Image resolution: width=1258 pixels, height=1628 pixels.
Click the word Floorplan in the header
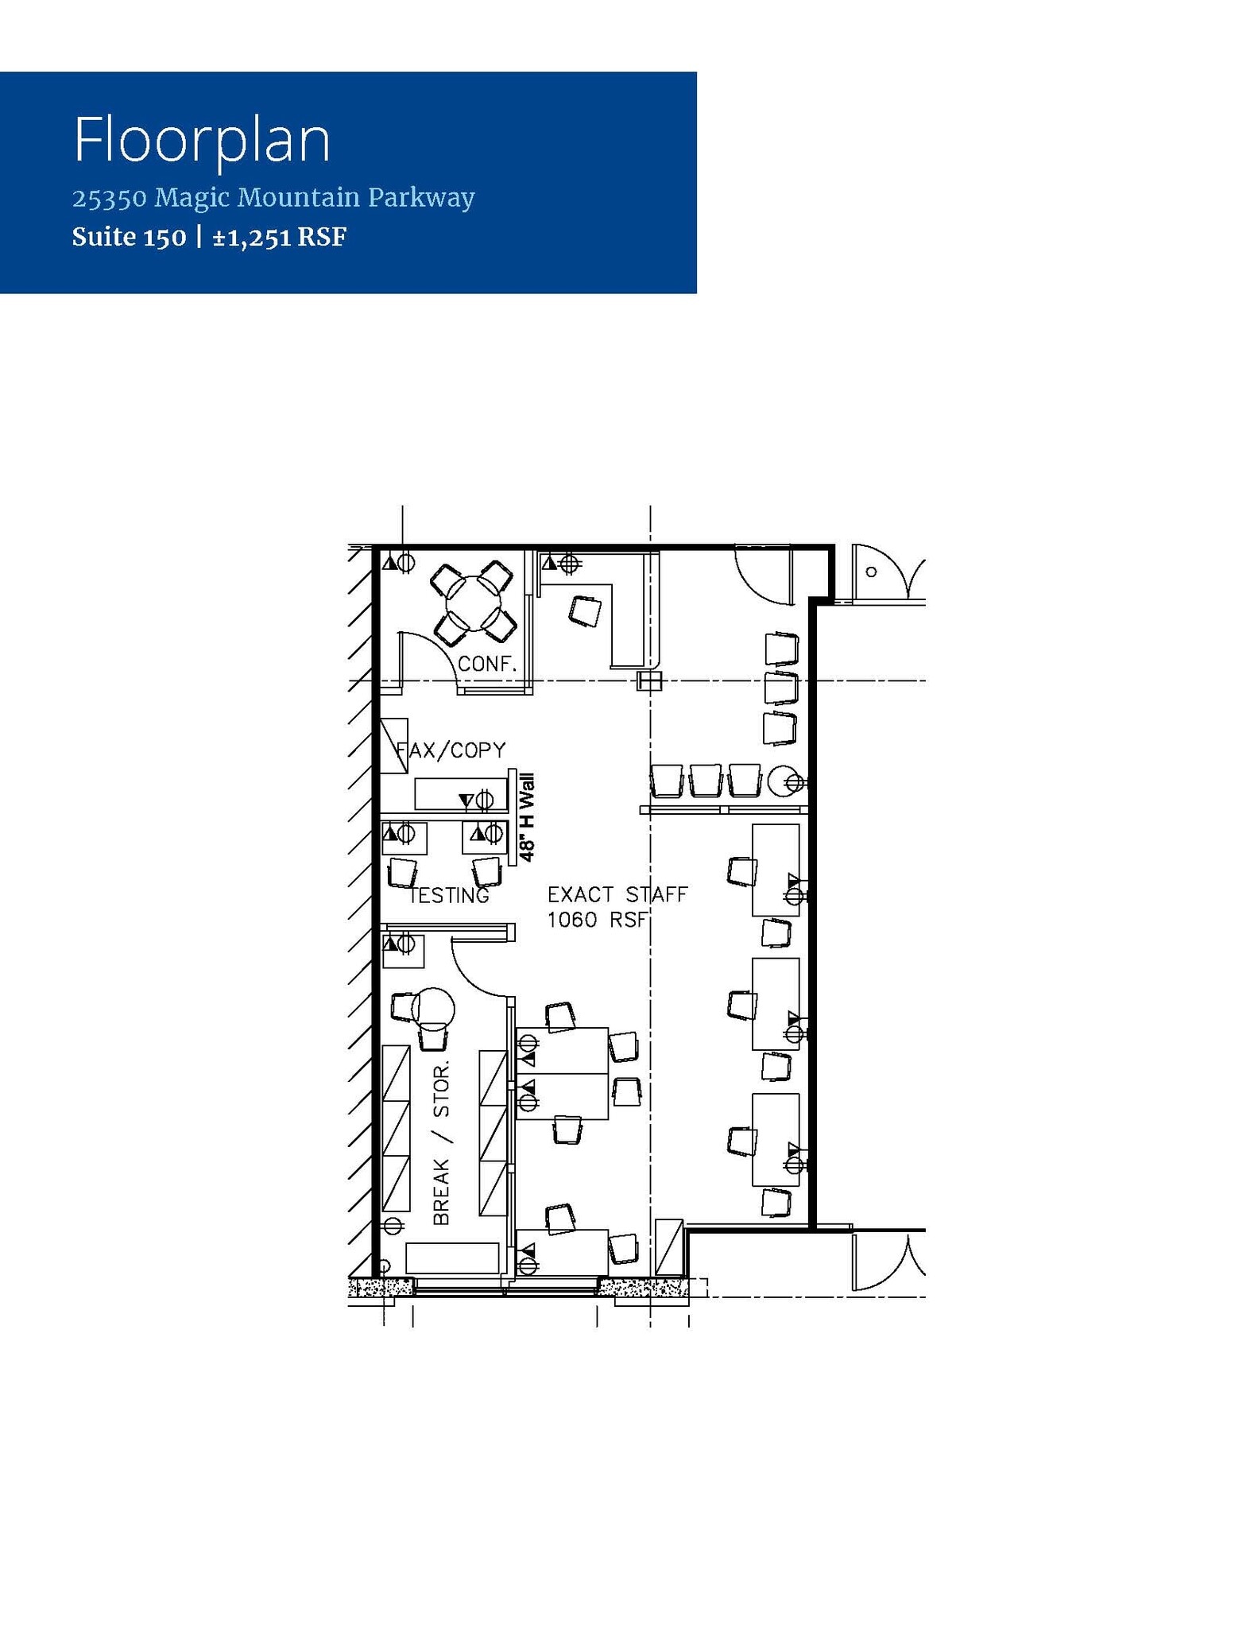tap(202, 141)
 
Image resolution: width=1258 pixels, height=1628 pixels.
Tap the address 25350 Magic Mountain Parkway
tap(273, 197)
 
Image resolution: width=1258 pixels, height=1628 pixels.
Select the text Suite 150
tap(129, 237)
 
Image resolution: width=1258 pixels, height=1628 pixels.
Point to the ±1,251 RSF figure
tap(280, 237)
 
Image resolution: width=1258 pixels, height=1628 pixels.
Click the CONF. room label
tap(487, 664)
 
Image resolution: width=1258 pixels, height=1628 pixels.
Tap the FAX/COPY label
tap(451, 750)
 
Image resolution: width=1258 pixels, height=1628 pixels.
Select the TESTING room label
tap(449, 896)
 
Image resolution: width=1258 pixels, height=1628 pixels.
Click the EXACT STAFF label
tap(617, 894)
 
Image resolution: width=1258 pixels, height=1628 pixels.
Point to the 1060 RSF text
tap(598, 920)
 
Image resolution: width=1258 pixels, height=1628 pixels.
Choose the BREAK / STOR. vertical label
tap(442, 1142)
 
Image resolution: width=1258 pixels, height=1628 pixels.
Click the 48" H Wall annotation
tap(527, 819)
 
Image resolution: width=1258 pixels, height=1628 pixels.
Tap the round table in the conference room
tap(472, 603)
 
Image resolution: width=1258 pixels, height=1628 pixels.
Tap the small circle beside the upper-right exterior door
tap(871, 572)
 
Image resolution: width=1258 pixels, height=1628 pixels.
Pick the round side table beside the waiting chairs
tap(783, 780)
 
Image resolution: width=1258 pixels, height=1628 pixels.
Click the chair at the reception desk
tap(586, 611)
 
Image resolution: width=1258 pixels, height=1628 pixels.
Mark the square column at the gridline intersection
tap(650, 681)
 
